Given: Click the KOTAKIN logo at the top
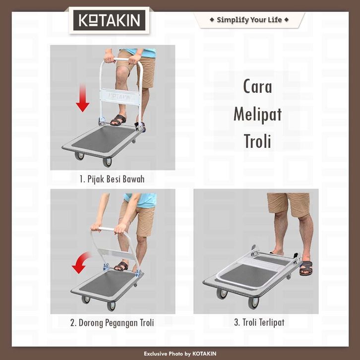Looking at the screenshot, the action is (x=109, y=20).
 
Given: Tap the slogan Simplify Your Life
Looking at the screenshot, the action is (x=249, y=20).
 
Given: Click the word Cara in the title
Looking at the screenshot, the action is (x=257, y=86).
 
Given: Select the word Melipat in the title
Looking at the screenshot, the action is (x=257, y=114).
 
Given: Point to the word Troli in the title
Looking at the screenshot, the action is (x=257, y=141).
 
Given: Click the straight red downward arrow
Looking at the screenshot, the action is (x=82, y=98).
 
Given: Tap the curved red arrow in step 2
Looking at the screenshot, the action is (x=81, y=262).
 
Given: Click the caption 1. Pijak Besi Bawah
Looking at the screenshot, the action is (x=112, y=179).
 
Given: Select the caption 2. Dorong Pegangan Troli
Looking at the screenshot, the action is (x=112, y=323).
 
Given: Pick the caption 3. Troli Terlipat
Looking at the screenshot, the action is (x=259, y=322).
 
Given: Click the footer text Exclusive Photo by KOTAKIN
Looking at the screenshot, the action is (x=180, y=354).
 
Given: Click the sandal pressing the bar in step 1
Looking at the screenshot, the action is (x=119, y=120).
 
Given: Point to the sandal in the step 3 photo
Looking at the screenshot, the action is (x=306, y=268).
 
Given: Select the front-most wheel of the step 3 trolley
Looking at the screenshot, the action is (x=253, y=303).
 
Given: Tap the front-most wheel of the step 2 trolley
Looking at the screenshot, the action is (x=111, y=306).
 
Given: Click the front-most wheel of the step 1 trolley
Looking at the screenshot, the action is (x=107, y=162).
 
